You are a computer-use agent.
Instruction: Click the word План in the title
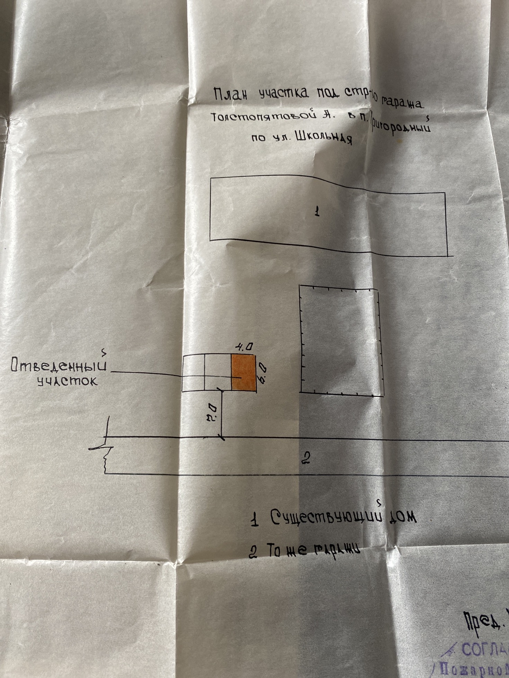pyautogui.click(x=231, y=94)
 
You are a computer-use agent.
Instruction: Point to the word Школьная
pyautogui.click(x=324, y=138)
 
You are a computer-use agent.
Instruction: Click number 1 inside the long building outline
pyautogui.click(x=317, y=211)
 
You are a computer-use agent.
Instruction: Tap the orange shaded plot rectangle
pyautogui.click(x=243, y=372)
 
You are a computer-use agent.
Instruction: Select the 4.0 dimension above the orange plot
pyautogui.click(x=244, y=347)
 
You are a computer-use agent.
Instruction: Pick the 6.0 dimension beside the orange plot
pyautogui.click(x=262, y=373)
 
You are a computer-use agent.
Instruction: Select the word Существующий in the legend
pyautogui.click(x=326, y=517)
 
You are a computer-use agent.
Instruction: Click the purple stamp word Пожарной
pyautogui.click(x=471, y=669)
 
